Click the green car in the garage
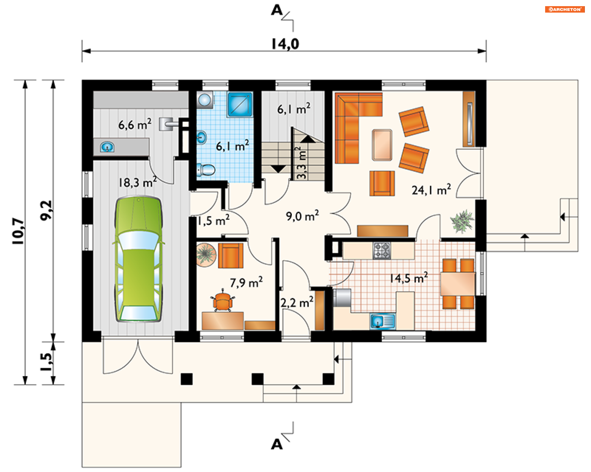139,259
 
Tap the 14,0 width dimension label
285,44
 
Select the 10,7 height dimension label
18,231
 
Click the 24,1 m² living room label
431,190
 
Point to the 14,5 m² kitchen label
409,278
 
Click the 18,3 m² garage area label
138,182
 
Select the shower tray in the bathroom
240,104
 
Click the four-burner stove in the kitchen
382,250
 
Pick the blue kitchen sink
383,321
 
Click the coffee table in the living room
382,145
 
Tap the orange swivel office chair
223,301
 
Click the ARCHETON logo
565,9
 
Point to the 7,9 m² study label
246,282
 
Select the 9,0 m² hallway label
302,216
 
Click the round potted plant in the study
206,255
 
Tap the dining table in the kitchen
458,284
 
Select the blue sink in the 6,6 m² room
107,147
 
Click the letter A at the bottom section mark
277,444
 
